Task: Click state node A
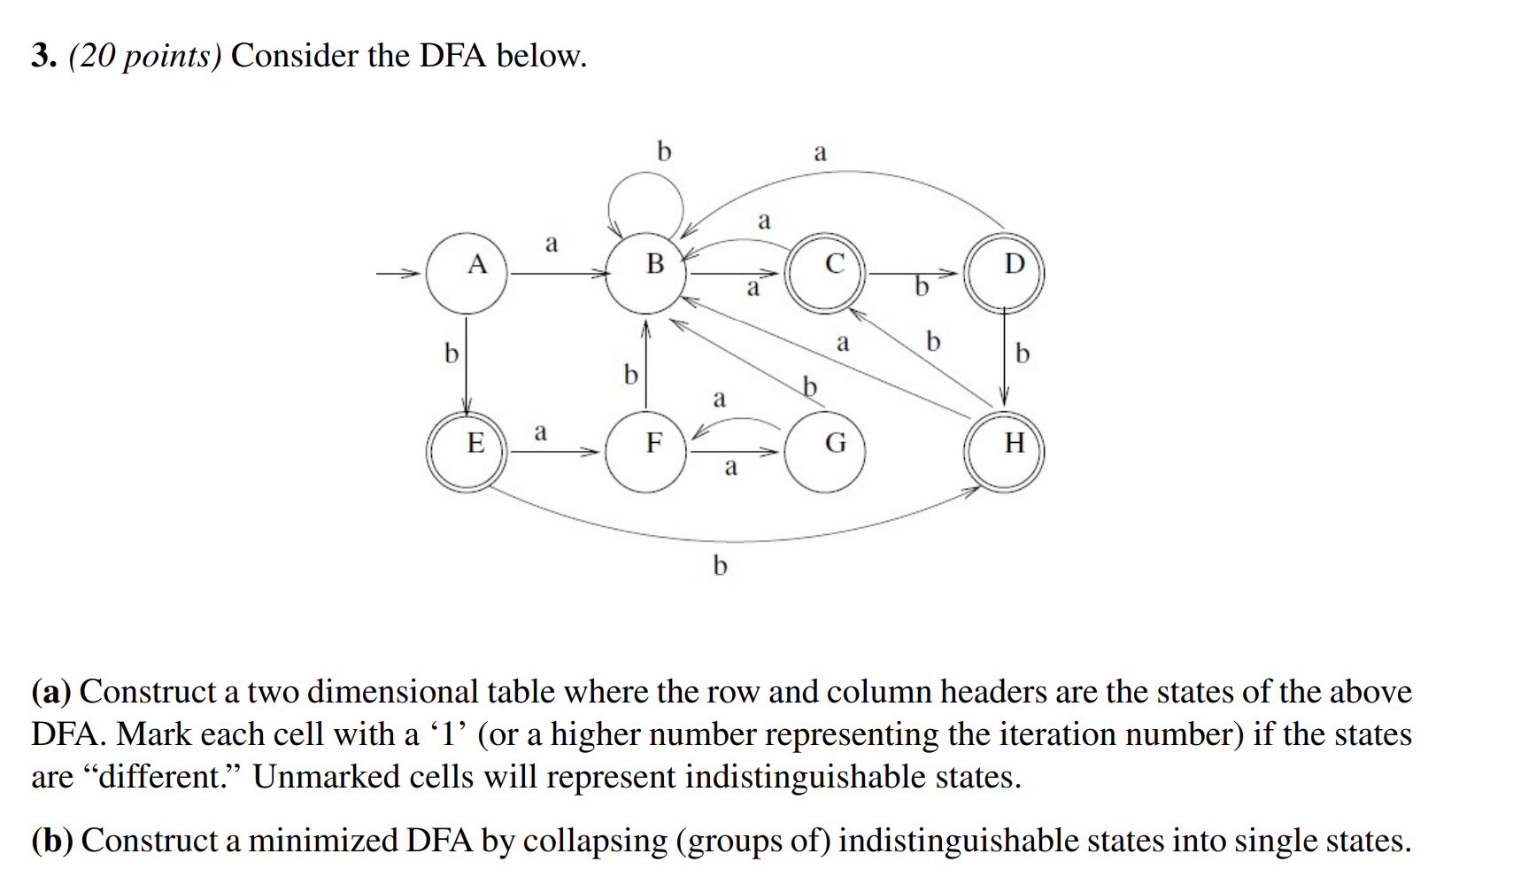(467, 273)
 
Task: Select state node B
(648, 273)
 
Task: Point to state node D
(1005, 271)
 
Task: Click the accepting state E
(467, 451)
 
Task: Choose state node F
(646, 451)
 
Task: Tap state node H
(1005, 451)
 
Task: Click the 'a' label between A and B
(552, 243)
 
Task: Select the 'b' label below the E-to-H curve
(720, 564)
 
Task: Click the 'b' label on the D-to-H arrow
(1023, 353)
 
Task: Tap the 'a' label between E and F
(540, 432)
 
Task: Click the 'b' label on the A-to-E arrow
(452, 353)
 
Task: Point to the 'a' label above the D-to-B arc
(820, 152)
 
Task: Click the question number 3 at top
(43, 56)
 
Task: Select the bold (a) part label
(51, 692)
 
